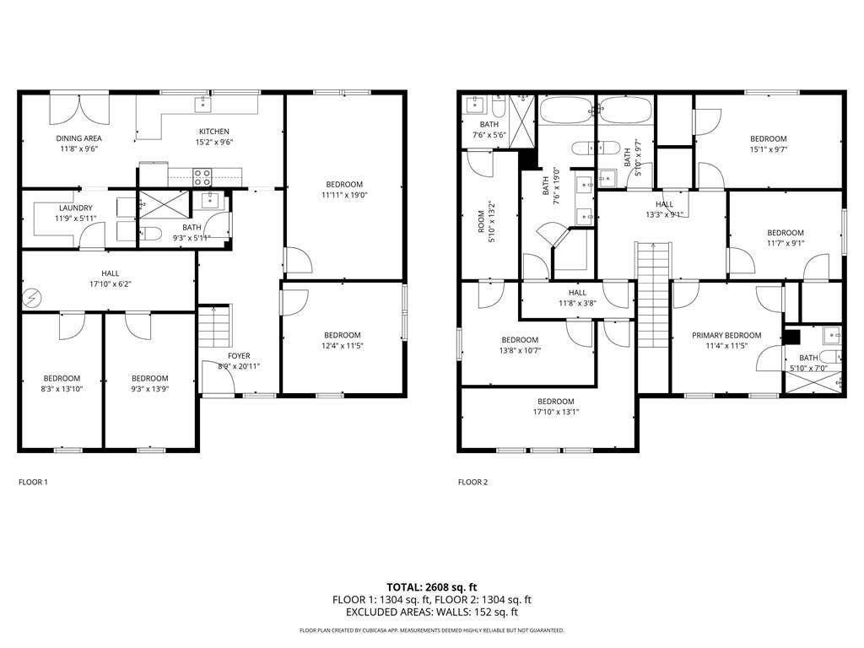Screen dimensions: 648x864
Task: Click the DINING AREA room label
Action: (79, 138)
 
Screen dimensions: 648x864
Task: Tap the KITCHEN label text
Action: (213, 132)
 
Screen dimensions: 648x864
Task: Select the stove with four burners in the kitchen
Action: (202, 177)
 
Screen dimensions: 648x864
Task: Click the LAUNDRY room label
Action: (76, 208)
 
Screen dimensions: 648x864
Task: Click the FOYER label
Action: (240, 355)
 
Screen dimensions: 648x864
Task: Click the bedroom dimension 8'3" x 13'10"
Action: (62, 389)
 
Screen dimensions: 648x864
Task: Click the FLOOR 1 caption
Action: (33, 483)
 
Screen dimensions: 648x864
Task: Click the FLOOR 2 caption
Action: (472, 483)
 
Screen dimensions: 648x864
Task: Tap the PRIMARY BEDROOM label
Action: (726, 335)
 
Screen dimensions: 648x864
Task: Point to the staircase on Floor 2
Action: (652, 291)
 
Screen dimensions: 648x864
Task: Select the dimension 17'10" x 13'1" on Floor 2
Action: (555, 412)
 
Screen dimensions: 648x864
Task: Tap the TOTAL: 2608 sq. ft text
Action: (431, 586)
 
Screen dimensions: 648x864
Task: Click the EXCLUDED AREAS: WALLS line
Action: (431, 613)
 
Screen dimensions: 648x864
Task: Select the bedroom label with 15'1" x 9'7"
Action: (768, 144)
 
